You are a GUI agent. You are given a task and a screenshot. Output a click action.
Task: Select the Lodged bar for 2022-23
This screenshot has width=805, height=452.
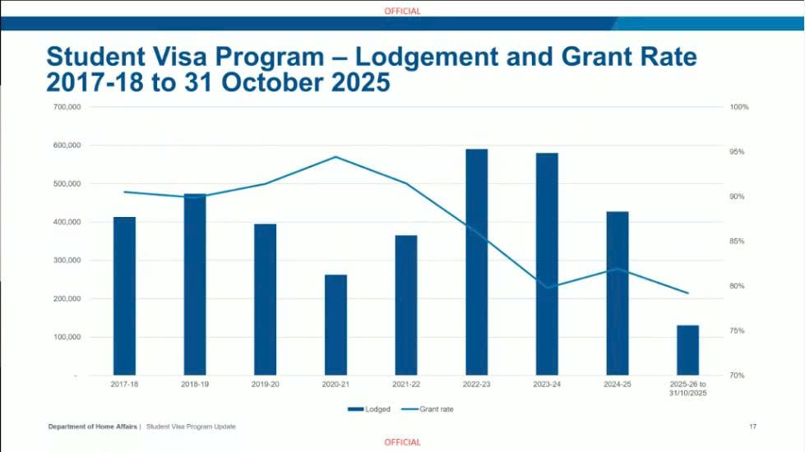(476, 263)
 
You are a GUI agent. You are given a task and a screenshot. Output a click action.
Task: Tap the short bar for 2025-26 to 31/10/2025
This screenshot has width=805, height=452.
(687, 350)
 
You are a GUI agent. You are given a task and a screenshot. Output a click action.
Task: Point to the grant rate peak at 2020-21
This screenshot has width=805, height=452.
(335, 157)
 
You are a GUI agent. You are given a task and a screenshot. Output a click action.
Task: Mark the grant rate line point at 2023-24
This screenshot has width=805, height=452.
(547, 288)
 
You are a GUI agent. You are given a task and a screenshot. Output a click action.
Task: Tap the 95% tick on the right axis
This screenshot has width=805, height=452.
(738, 152)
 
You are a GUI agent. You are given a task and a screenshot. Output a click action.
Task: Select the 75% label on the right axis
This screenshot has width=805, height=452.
(738, 330)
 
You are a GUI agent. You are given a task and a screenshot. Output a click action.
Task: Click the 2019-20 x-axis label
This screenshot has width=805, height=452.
(265, 384)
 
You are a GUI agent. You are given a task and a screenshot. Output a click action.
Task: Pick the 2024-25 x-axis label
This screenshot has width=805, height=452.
(617, 384)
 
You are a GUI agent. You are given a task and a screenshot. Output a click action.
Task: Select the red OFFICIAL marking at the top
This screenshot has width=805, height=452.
(402, 12)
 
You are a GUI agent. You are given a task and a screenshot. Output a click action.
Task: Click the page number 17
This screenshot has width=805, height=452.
(752, 427)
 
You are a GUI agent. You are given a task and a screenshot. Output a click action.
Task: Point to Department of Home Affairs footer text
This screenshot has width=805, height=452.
(92, 427)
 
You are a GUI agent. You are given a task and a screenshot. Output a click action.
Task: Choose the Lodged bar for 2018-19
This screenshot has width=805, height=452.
(195, 284)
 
